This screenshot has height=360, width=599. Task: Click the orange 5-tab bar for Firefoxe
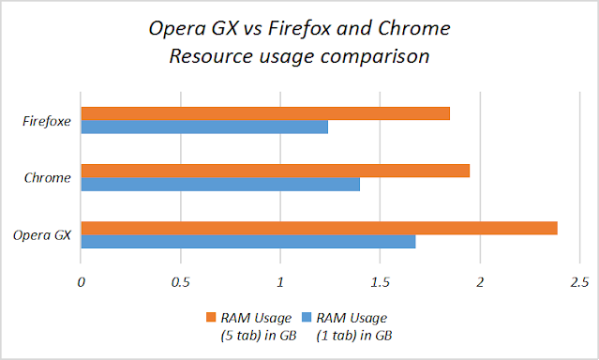point(265,113)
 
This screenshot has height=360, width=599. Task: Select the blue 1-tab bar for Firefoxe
point(204,127)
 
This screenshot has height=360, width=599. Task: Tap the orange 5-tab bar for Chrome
point(276,171)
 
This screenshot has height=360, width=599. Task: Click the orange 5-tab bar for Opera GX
point(320,228)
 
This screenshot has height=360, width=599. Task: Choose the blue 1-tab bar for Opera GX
point(248,242)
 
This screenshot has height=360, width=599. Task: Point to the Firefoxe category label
point(48,120)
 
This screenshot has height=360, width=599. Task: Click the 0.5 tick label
point(181,281)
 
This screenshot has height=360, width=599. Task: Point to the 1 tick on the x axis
point(280,281)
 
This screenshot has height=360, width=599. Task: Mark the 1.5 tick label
point(380,281)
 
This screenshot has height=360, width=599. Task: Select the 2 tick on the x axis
point(480,281)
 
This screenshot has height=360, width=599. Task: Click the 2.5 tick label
point(578,281)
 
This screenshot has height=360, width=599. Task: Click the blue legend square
point(306,319)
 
